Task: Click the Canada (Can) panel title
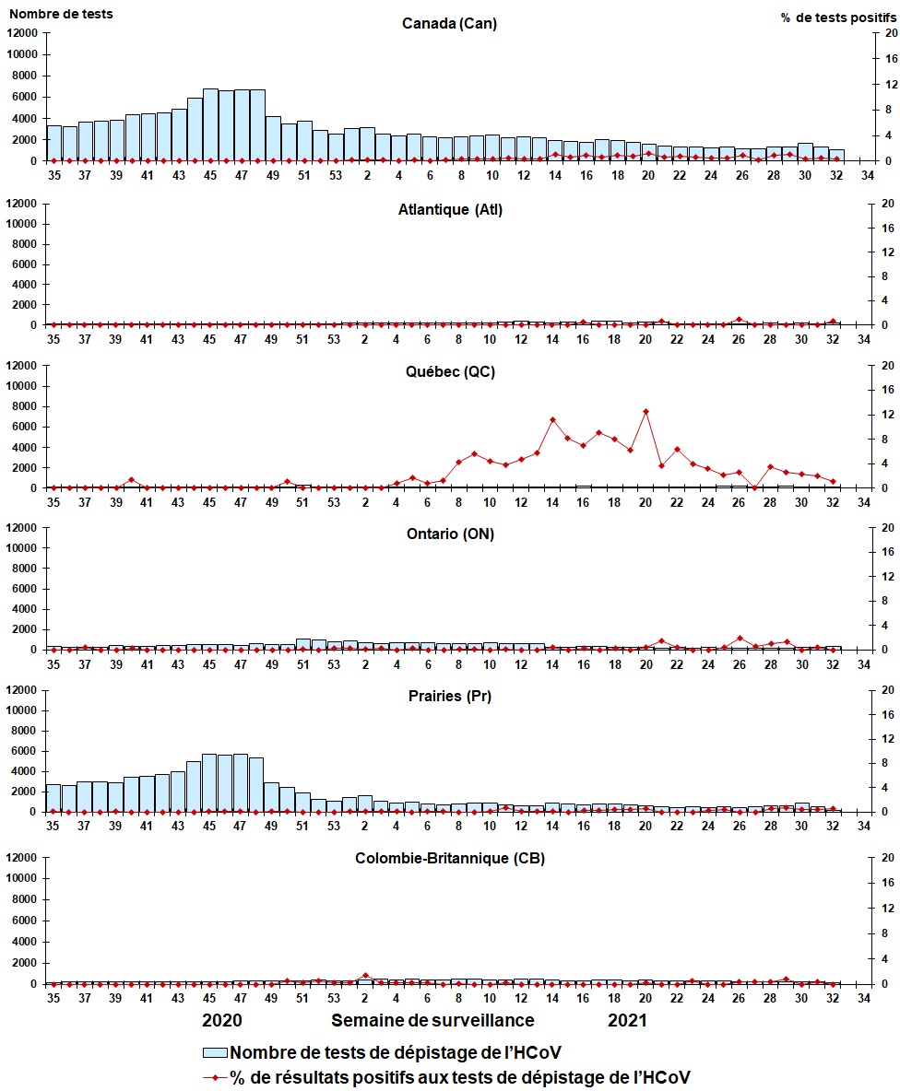pos(450,24)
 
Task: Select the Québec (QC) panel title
pos(450,371)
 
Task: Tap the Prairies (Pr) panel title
pos(450,696)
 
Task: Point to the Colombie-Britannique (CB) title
pos(450,858)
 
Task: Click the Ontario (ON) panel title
pos(450,534)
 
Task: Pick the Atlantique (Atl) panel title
pos(450,209)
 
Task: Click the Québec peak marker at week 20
pos(645,412)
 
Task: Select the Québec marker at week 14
pos(552,420)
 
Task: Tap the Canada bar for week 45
pos(210,124)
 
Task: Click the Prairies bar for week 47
pos(240,782)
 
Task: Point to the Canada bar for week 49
pos(273,138)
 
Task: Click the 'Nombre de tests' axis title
pos(61,14)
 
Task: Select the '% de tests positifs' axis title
pos(838,18)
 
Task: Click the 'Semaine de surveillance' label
pos(432,1020)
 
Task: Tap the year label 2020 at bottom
pos(222,1020)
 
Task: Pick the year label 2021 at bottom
pos(627,1020)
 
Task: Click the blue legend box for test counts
pos(215,1052)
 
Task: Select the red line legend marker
pos(215,1078)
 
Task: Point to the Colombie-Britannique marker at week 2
pos(365,976)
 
